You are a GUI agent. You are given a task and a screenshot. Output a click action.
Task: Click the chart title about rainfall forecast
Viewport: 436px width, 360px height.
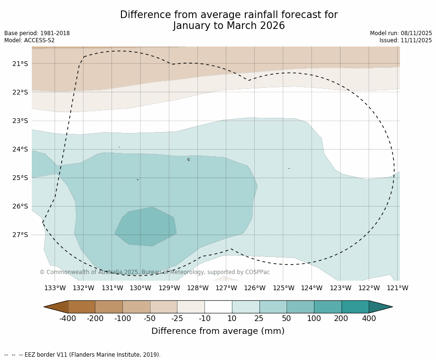(229, 20)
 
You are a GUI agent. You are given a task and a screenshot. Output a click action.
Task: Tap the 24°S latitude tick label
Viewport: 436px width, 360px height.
(20, 149)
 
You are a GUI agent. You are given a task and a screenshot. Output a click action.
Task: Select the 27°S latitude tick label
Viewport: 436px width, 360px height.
(20, 235)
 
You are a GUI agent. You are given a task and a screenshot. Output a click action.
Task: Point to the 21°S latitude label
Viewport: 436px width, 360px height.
(20, 64)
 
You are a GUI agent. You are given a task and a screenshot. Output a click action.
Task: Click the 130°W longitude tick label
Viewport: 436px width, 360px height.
(140, 288)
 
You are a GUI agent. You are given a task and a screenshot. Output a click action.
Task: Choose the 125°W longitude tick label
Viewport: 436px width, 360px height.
(283, 288)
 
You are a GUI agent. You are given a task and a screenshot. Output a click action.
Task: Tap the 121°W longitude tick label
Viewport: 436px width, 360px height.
(397, 288)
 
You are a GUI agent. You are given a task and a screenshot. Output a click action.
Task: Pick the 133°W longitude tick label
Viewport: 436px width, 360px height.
(55, 288)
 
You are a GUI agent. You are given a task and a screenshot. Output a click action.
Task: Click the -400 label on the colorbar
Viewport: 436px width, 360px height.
(68, 319)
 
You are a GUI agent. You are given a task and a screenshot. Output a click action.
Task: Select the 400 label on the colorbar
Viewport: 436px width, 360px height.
(369, 319)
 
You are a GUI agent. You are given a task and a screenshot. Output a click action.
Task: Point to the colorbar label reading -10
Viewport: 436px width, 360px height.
(204, 319)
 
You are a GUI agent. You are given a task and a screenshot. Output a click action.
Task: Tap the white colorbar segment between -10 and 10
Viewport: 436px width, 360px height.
(218, 307)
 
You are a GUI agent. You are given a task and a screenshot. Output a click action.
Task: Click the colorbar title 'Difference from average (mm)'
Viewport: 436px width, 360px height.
(218, 332)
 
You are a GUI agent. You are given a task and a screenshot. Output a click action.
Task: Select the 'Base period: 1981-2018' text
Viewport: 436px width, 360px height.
(37, 33)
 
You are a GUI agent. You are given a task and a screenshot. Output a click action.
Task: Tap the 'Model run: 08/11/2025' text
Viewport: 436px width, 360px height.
(401, 33)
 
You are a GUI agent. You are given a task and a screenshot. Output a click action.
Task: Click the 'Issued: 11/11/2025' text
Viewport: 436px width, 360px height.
(406, 40)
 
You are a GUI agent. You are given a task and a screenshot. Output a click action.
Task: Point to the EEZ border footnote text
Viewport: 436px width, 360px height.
(82, 355)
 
